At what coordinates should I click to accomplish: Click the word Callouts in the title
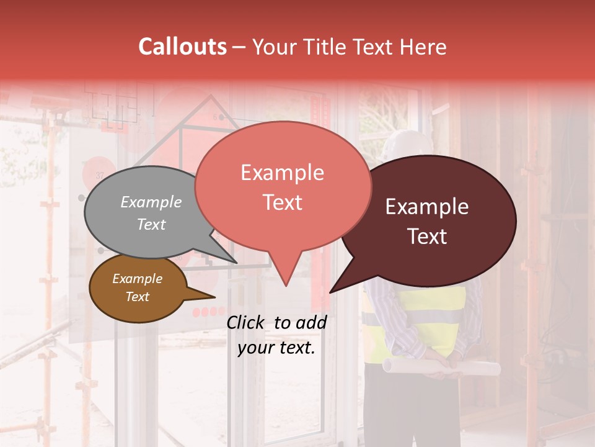(x=182, y=47)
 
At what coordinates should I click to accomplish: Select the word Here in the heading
(x=423, y=47)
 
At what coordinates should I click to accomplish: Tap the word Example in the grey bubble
(x=151, y=202)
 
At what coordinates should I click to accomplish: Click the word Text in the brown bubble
(x=137, y=297)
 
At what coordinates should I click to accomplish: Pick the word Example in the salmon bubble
(x=282, y=173)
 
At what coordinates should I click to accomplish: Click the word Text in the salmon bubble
(x=282, y=202)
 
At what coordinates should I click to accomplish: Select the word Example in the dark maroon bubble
(x=427, y=207)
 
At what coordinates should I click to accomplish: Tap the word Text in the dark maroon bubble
(x=428, y=237)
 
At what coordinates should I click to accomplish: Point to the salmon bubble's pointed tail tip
(x=285, y=285)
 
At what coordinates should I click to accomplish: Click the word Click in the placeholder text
(x=247, y=322)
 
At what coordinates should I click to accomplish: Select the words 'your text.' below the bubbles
(x=276, y=348)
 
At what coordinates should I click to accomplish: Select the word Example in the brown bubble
(x=137, y=279)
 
